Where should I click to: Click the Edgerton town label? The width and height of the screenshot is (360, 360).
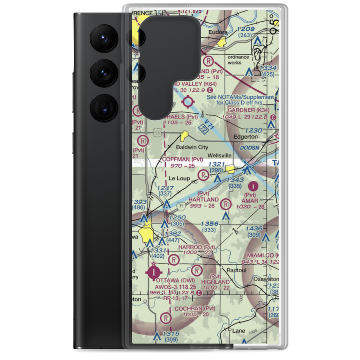coord(246,137)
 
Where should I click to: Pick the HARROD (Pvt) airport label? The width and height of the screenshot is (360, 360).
coord(197,247)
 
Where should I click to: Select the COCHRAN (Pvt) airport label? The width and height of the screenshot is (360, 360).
coord(194,309)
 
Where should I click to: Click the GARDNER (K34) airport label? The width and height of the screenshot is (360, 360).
coord(253,110)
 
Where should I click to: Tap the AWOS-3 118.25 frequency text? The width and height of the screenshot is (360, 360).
coord(175,287)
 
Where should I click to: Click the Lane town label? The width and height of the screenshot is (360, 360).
coord(239,330)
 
